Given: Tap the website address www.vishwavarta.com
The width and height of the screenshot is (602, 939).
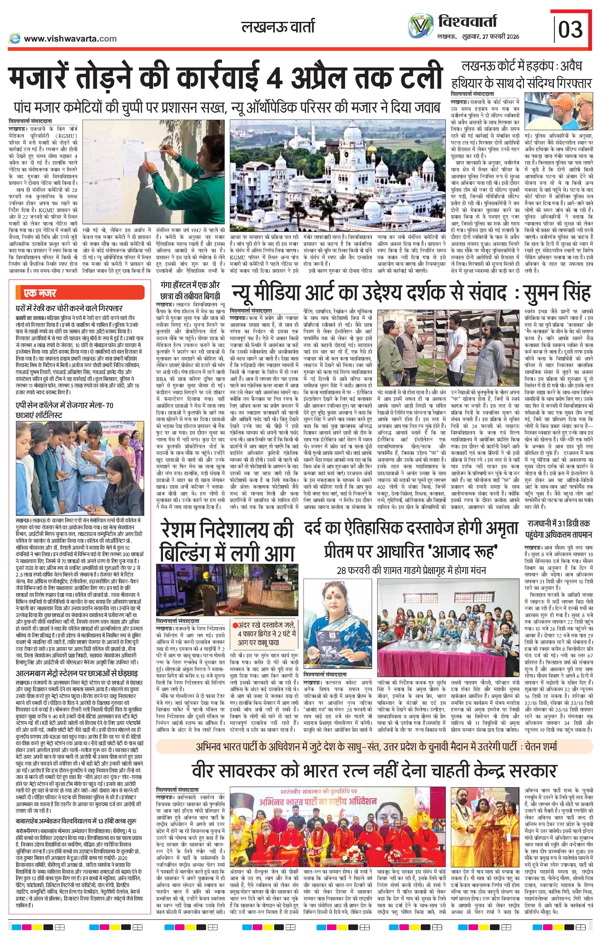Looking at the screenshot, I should point(70,38).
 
